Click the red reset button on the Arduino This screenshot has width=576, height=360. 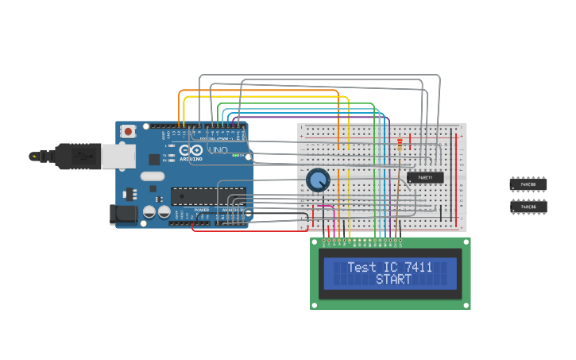126,134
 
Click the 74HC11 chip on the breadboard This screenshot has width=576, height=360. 425,177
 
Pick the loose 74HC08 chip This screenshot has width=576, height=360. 528,184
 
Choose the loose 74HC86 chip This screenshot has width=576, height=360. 528,207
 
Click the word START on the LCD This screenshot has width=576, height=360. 393,280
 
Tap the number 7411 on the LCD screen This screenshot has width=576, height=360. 419,268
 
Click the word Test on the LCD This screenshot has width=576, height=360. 361,268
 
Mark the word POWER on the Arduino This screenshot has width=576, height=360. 201,210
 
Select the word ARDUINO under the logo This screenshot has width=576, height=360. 191,159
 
